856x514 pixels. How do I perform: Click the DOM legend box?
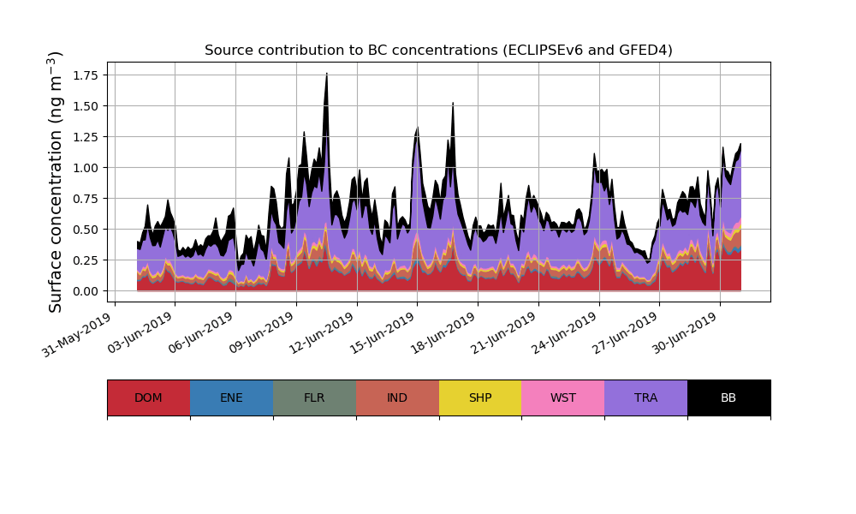[x=148, y=397]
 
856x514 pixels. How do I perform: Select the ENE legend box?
[x=231, y=397]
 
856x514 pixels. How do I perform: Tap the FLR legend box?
[x=314, y=397]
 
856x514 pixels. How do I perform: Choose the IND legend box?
[x=397, y=397]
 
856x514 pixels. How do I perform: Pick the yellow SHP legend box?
[x=480, y=397]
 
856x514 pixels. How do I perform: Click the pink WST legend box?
[x=563, y=397]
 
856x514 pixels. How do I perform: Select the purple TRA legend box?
[x=646, y=397]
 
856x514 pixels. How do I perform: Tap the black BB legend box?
[x=728, y=397]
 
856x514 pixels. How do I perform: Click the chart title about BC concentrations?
[x=438, y=51]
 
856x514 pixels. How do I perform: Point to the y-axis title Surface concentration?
[x=56, y=182]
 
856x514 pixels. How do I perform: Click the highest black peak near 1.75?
[x=327, y=75]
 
